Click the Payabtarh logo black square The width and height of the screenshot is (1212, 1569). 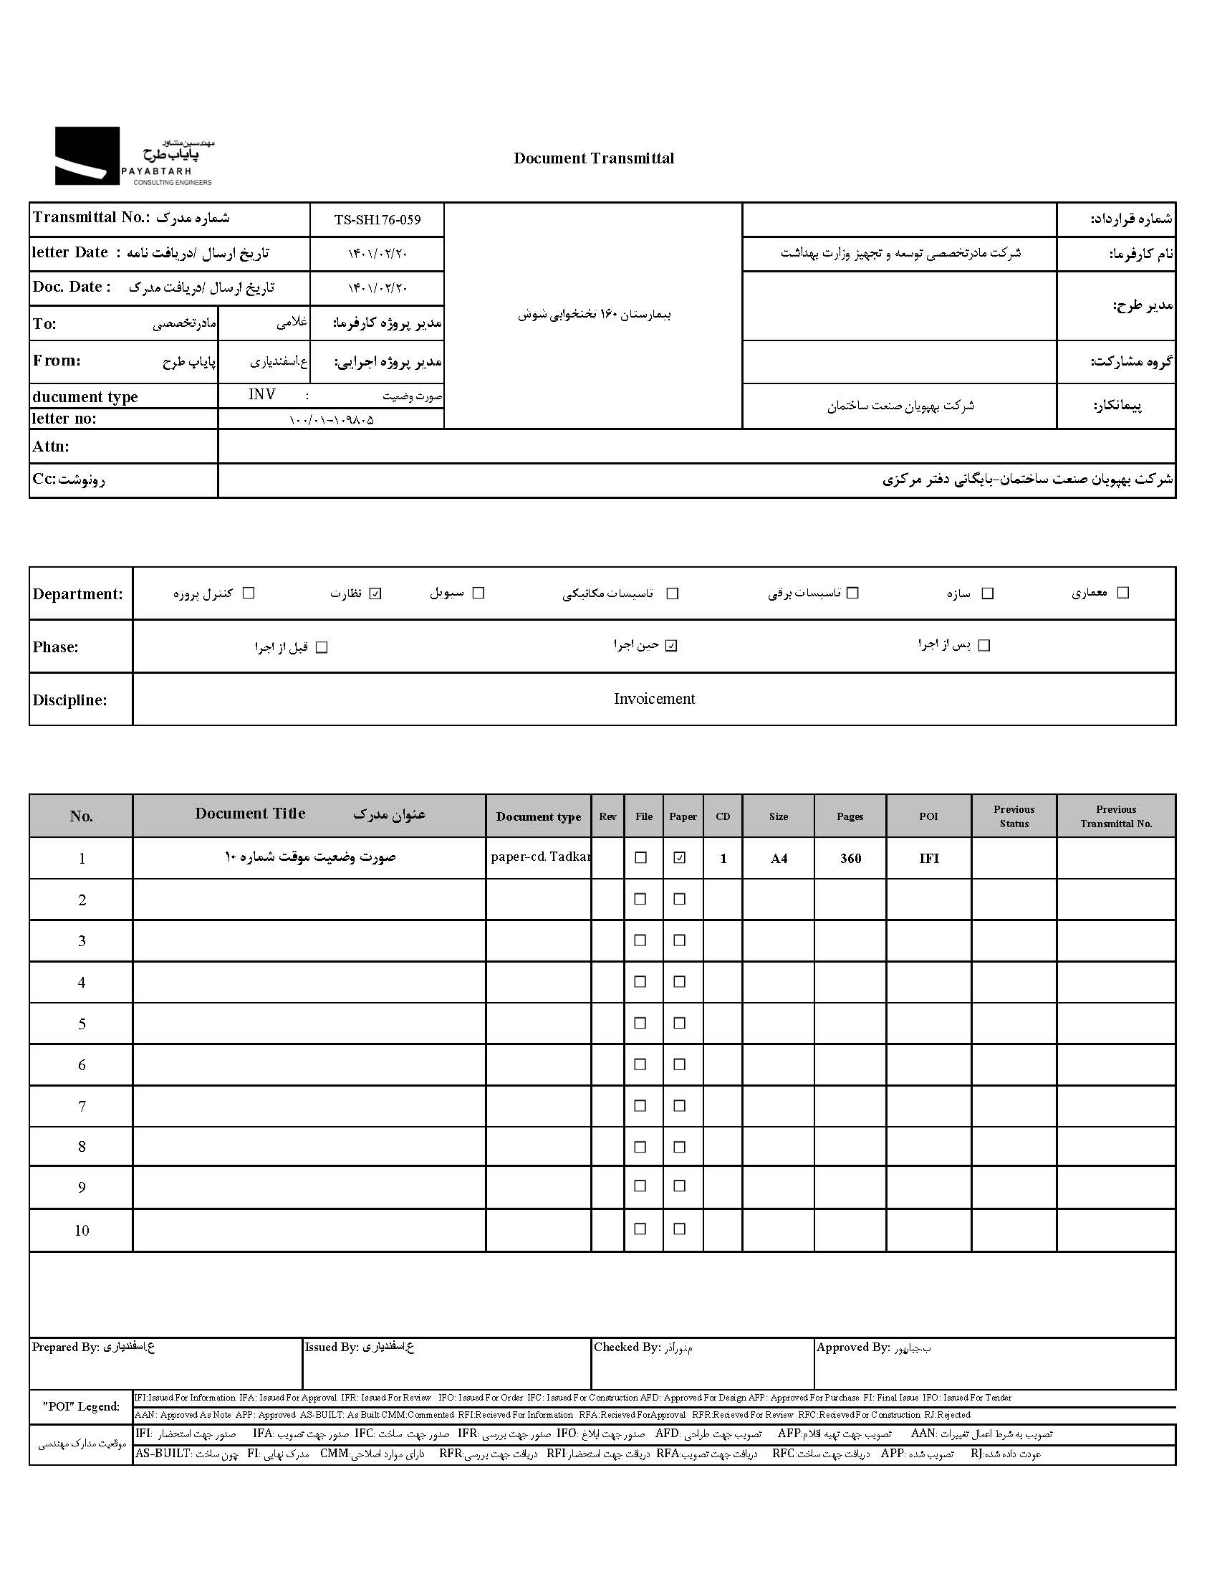(87, 156)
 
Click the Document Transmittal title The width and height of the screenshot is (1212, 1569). (593, 158)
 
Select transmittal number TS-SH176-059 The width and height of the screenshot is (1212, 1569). (377, 220)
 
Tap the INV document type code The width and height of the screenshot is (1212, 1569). (261, 394)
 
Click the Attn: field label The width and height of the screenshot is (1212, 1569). (51, 446)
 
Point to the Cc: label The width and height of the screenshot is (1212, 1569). (44, 480)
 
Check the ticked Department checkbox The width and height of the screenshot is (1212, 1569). (375, 593)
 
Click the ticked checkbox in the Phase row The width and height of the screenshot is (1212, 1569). (670, 646)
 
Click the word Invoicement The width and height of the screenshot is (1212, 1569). (654, 699)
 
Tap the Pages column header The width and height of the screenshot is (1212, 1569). (850, 816)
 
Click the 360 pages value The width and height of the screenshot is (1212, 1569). (850, 859)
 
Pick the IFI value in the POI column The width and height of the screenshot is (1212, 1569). (928, 859)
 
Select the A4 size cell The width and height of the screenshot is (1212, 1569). (779, 859)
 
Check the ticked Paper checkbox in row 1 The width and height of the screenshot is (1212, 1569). (679, 858)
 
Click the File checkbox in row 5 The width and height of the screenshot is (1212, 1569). (640, 1023)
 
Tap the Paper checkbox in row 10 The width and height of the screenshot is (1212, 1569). (679, 1229)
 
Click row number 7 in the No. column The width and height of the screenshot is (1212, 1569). (81, 1107)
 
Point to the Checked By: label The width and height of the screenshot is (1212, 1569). (626, 1348)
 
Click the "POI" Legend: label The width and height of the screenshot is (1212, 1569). (81, 1406)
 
